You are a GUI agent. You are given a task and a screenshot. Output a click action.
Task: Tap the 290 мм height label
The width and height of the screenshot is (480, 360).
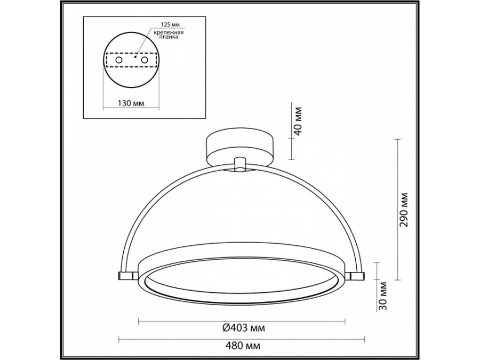tap(404, 210)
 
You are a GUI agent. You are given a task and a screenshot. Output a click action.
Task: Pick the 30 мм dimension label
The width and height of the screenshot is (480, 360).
tap(383, 296)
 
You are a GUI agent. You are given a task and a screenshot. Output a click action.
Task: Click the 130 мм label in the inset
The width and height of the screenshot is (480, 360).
tap(131, 103)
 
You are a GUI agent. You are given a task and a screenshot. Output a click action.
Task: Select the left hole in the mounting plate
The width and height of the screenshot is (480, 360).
tap(118, 60)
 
